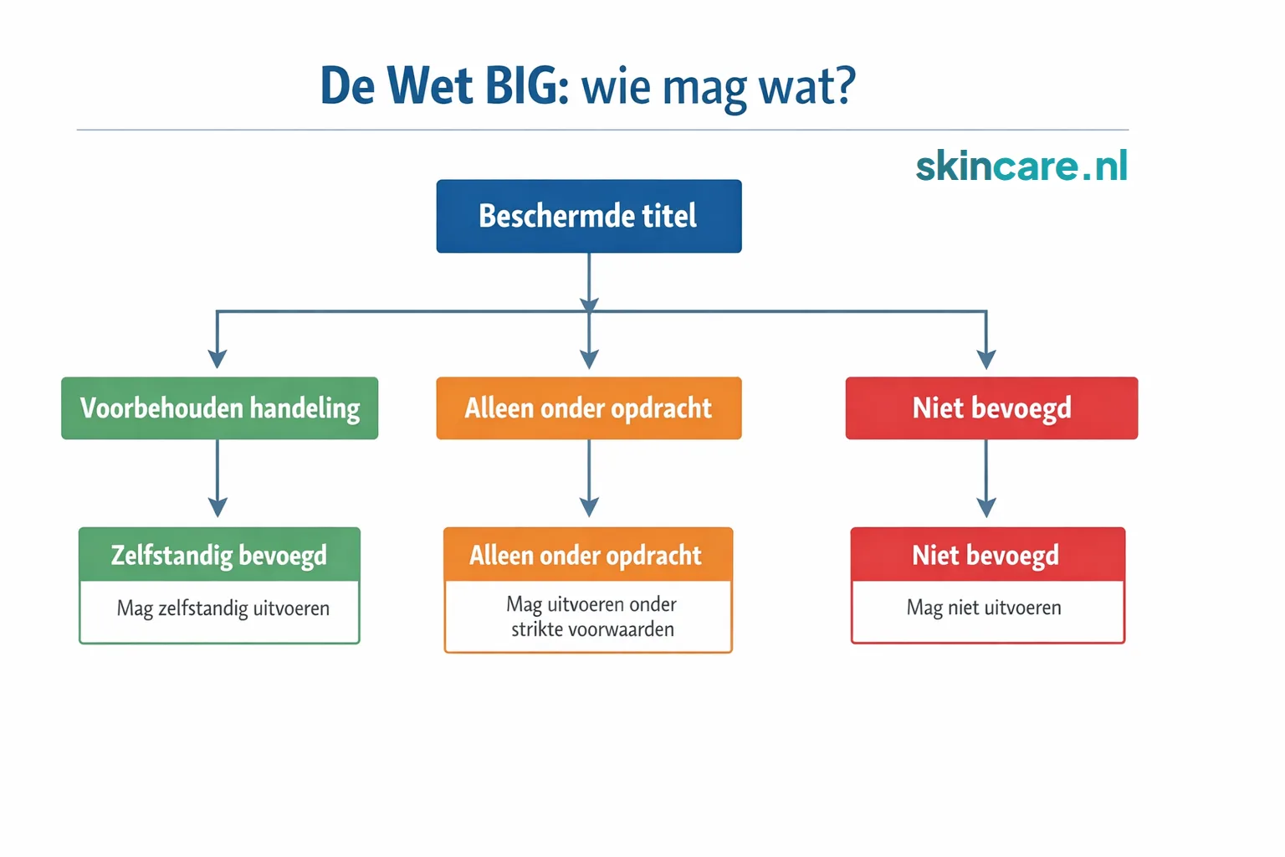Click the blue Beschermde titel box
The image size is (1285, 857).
(x=588, y=216)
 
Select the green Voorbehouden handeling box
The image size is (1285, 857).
(x=219, y=408)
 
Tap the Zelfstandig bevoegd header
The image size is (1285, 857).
(x=219, y=555)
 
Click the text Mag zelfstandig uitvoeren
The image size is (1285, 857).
(x=223, y=608)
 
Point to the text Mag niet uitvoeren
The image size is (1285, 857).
(x=984, y=608)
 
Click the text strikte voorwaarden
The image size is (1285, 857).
(x=592, y=629)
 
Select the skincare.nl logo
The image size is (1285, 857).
(x=1021, y=166)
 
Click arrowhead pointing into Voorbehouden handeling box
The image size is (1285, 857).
(x=218, y=359)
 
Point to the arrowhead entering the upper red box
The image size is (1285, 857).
(x=986, y=359)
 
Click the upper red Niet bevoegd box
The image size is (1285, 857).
(x=991, y=408)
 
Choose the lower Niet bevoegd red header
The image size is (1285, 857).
(x=986, y=555)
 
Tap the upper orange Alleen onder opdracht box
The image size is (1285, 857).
(x=588, y=408)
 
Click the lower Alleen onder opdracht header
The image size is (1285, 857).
(x=586, y=555)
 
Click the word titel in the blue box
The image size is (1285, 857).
(x=668, y=216)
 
